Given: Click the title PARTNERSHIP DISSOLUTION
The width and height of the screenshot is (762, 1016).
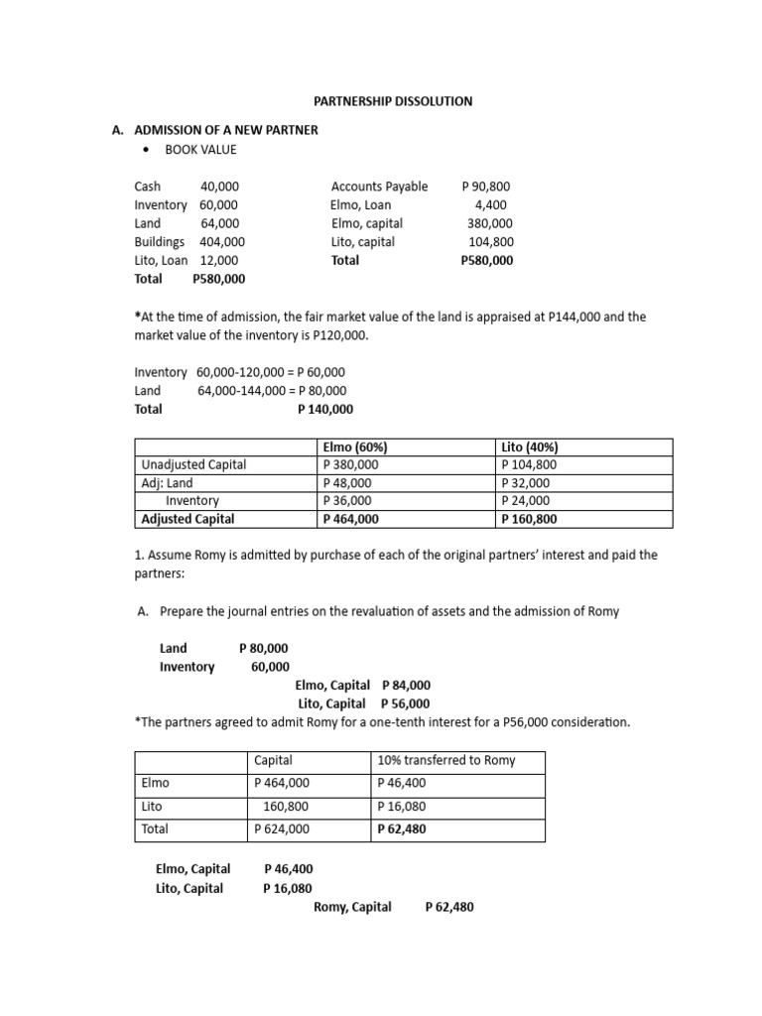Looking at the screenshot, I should coord(394,101).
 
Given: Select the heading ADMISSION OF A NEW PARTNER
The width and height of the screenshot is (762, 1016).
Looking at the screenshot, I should coord(226,131).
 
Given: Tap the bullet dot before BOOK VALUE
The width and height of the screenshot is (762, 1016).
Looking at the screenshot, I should coord(146,150).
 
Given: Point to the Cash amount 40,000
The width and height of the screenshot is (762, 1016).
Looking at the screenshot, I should coord(219,187).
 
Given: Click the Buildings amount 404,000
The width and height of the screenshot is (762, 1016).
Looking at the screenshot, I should coord(222,242).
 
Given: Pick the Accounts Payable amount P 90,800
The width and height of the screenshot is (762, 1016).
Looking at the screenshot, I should coord(487,187).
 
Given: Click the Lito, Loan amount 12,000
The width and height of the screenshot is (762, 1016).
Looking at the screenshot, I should coord(219,261).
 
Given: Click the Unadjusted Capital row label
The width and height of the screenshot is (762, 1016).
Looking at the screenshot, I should coord(194,465).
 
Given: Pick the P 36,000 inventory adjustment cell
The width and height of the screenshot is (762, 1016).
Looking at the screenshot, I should coord(347,501).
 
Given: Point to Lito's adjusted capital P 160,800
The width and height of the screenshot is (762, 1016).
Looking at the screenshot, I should coord(531,519).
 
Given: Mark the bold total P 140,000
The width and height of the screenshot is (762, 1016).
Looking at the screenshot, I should coord(325,410).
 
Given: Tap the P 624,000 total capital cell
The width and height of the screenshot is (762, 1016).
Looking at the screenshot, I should coord(282,829).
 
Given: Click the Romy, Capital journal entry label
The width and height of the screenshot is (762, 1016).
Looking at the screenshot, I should coord(352,907).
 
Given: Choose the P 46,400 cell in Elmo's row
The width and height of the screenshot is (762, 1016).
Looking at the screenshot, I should coord(402,784).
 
